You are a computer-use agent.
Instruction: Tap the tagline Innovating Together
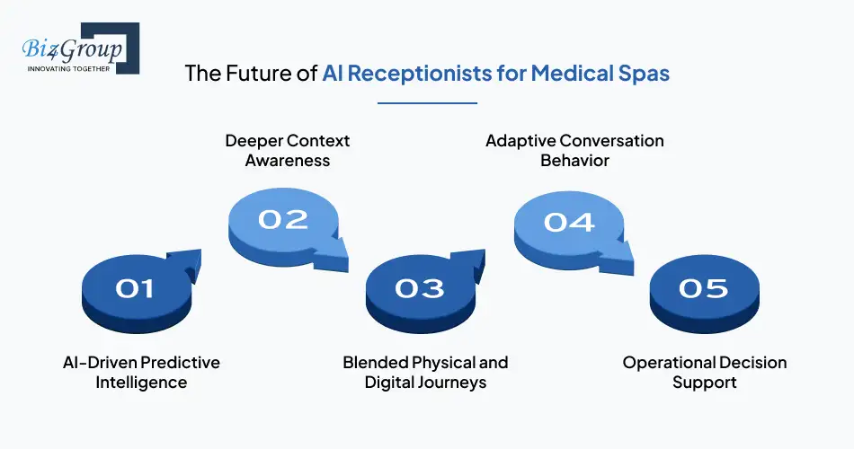pyautogui.click(x=68, y=67)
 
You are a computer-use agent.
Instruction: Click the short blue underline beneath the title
pyautogui.click(x=427, y=103)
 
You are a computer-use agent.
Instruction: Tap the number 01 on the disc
pyautogui.click(x=135, y=288)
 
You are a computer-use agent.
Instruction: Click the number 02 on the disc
pyautogui.click(x=283, y=219)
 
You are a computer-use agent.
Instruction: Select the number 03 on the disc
pyautogui.click(x=419, y=288)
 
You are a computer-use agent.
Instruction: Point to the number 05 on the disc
pyautogui.click(x=704, y=288)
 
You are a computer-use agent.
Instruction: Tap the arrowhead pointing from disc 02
pyautogui.click(x=332, y=258)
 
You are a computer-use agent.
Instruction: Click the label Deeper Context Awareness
pyautogui.click(x=287, y=151)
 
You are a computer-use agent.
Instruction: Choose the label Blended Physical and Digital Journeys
pyautogui.click(x=425, y=372)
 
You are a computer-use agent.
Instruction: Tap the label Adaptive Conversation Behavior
pyautogui.click(x=574, y=151)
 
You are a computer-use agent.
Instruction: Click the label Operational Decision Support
pyautogui.click(x=705, y=372)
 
